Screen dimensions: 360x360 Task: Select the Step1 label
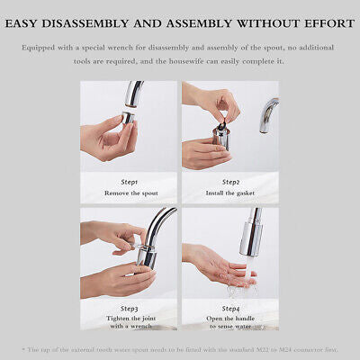pyautogui.click(x=128, y=181)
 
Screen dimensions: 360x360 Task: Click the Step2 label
pyautogui.click(x=230, y=181)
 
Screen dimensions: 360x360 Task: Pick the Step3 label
pyautogui.click(x=128, y=308)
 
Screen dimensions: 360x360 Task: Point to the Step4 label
pyautogui.click(x=230, y=308)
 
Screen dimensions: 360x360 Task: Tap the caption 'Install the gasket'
pyautogui.click(x=230, y=192)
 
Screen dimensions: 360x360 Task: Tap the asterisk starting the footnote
pyautogui.click(x=23, y=348)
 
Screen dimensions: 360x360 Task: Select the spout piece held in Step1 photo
pyautogui.click(x=128, y=117)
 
